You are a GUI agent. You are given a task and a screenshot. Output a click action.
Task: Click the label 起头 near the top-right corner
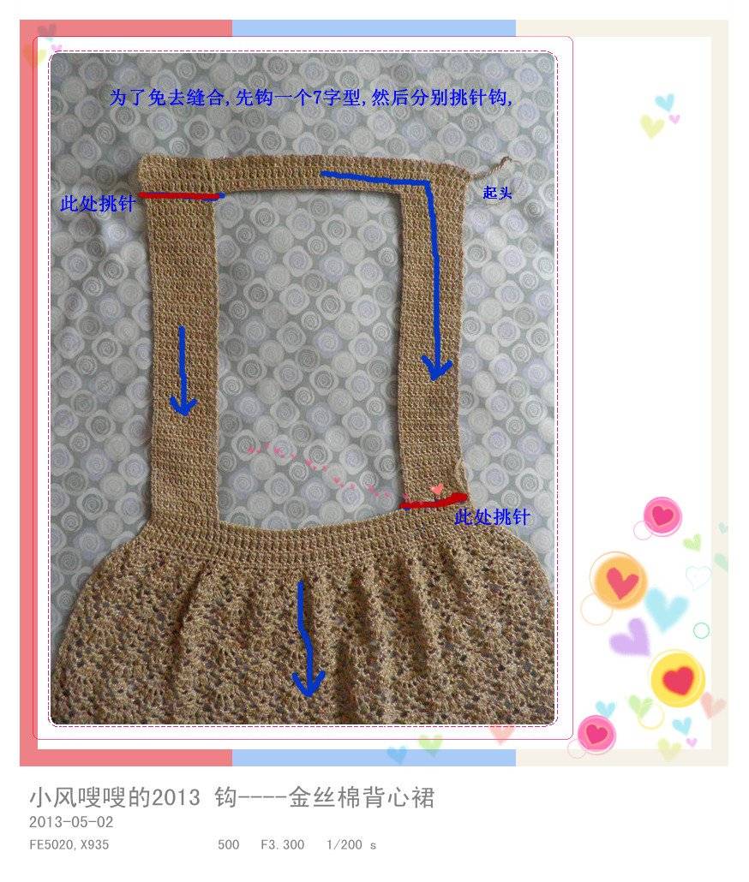[497, 193]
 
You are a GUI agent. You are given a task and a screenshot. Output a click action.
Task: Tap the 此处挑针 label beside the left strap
[98, 203]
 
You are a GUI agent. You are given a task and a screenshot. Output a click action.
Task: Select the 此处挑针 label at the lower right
[493, 516]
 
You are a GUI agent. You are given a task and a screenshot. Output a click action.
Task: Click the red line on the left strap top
[179, 196]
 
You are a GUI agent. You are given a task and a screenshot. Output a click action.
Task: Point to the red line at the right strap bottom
[433, 502]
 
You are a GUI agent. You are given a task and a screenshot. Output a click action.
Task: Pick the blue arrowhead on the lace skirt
[308, 683]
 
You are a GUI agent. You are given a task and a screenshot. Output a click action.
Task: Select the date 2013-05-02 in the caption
[71, 822]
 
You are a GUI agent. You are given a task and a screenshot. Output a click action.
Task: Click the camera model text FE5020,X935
[69, 845]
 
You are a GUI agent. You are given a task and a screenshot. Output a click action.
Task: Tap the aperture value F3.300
[283, 845]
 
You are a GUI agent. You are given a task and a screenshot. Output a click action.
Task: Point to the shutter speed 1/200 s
[351, 845]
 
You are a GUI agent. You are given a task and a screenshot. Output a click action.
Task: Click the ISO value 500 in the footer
[229, 845]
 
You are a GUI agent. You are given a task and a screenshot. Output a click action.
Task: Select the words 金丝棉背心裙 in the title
[362, 797]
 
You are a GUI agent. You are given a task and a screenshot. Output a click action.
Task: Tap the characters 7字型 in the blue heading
[337, 98]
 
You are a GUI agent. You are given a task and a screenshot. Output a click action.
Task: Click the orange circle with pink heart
[619, 581]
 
